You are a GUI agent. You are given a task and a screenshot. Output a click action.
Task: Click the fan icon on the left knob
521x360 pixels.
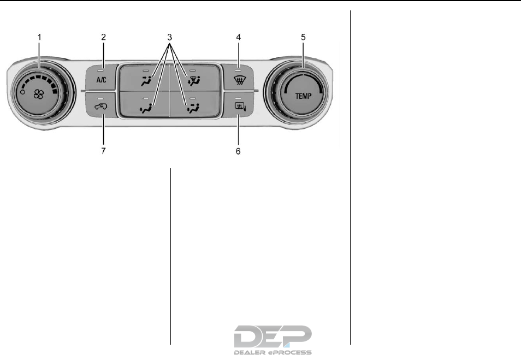click(39, 95)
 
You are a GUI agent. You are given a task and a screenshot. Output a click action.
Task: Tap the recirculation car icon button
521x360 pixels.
click(101, 107)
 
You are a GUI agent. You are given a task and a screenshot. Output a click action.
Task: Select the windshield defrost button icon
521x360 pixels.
click(238, 80)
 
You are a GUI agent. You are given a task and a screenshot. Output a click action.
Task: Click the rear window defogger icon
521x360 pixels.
click(238, 107)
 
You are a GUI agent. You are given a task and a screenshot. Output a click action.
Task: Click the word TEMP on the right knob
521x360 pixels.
click(303, 96)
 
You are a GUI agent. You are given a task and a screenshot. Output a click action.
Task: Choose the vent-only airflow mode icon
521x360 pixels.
click(146, 81)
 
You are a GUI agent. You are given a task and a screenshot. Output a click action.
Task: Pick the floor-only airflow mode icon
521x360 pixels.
click(146, 108)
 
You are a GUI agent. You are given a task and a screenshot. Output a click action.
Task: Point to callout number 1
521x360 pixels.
click(39, 37)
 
